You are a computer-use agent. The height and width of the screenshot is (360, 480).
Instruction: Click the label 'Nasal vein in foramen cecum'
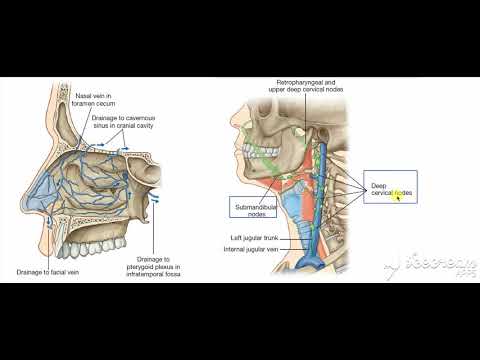coord(96,99)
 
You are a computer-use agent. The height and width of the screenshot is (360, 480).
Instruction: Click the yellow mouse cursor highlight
coord(399,195)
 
